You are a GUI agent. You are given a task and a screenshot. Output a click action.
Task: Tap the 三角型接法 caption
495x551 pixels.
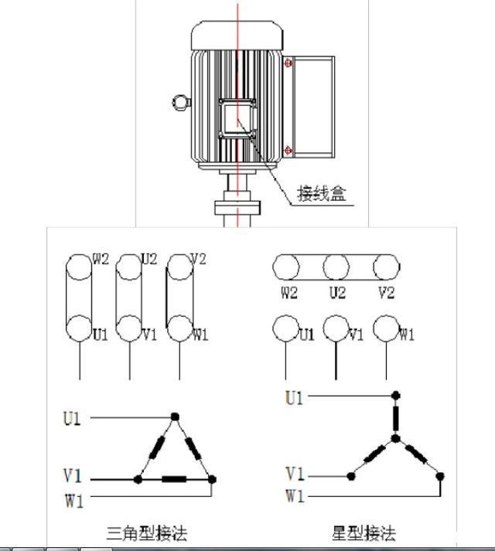[x=147, y=533]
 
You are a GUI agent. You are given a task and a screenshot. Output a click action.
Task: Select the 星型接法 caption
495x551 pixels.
[x=364, y=533]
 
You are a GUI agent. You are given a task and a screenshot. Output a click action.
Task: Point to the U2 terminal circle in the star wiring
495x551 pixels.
[x=336, y=268]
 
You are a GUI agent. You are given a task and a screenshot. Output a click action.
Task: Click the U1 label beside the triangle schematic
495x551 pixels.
[x=73, y=419]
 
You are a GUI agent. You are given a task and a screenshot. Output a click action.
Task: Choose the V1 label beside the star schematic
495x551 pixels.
[x=295, y=474]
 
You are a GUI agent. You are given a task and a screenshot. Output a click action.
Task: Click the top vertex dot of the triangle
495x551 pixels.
[x=176, y=417]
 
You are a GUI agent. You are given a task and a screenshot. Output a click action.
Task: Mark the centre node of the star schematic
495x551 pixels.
[x=394, y=439]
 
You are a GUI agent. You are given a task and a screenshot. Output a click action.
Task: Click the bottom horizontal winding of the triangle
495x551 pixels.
[x=175, y=480]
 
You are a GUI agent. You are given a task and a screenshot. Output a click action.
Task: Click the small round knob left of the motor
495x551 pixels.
[x=180, y=101]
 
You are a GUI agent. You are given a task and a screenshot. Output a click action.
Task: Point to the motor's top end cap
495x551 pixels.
[x=237, y=32]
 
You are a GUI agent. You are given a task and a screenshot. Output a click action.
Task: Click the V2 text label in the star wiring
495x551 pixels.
[x=387, y=293]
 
